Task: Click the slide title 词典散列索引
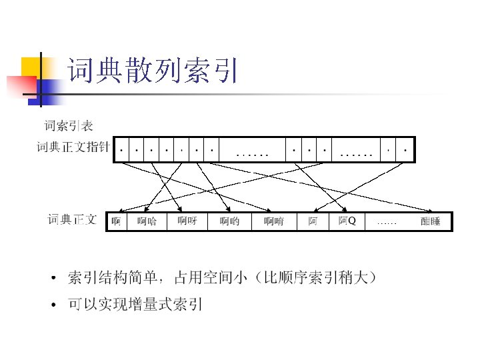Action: tap(152, 71)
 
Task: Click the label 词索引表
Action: tap(69, 125)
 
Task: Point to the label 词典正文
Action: tap(73, 219)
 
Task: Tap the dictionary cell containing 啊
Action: tap(116, 221)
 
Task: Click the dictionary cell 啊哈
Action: tap(147, 221)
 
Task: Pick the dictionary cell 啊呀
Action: tap(187, 221)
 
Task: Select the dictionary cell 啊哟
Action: tap(229, 221)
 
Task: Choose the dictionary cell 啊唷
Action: tap(273, 221)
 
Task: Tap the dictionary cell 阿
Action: tap(313, 221)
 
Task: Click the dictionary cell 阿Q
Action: tap(347, 221)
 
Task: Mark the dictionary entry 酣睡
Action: tap(431, 221)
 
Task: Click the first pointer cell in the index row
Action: tap(121, 150)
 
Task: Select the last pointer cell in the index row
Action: tap(405, 150)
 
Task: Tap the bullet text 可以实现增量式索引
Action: tap(135, 305)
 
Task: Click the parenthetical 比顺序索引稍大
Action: tap(319, 277)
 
